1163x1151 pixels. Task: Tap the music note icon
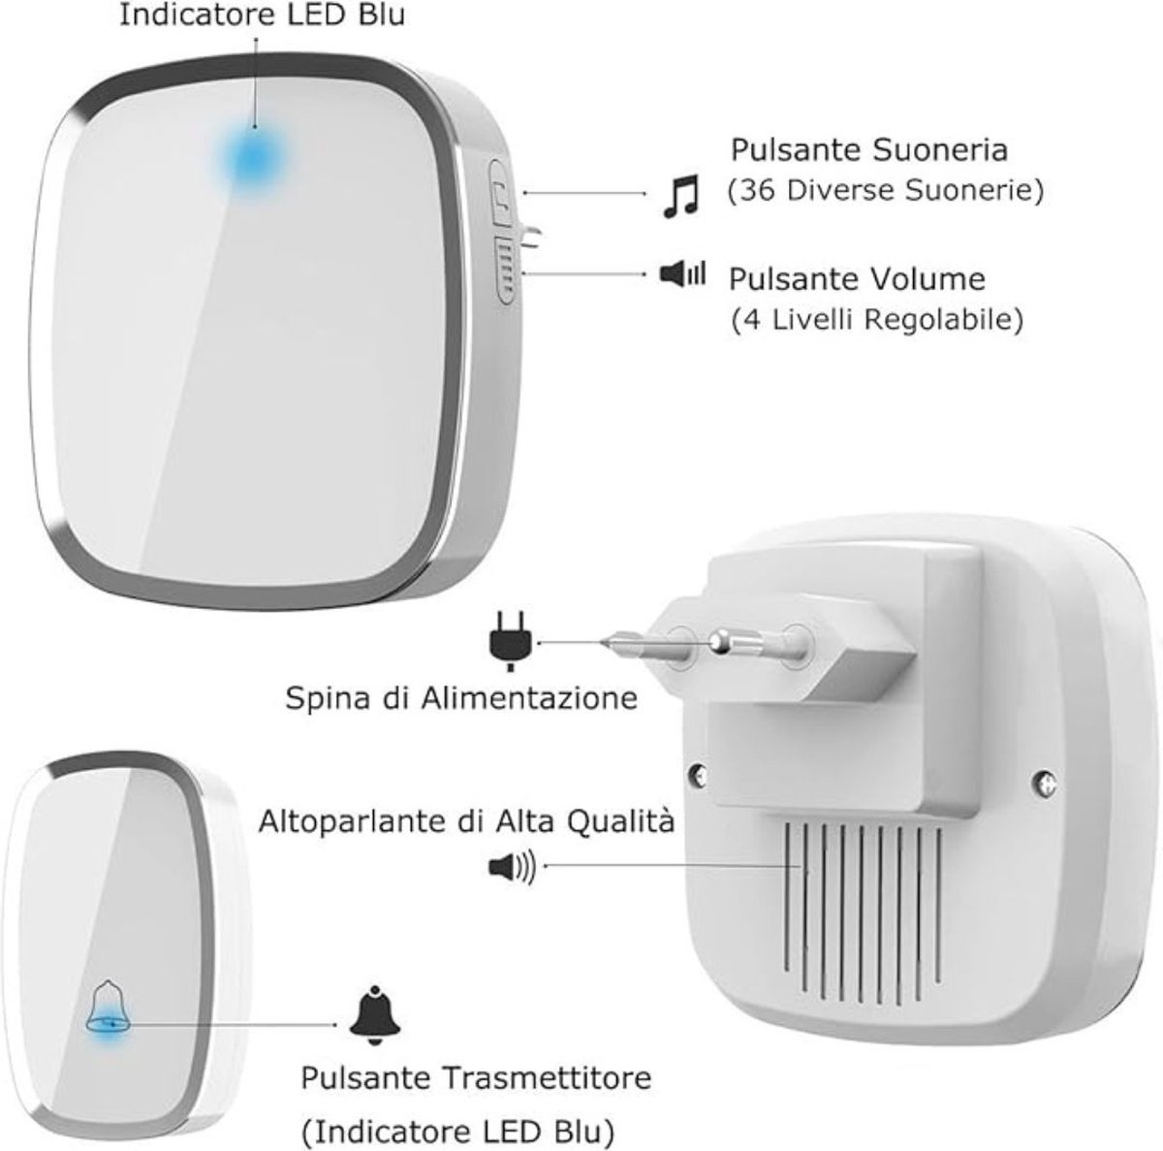(x=680, y=196)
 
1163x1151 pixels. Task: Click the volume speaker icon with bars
(x=682, y=274)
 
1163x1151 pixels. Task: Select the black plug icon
(x=511, y=641)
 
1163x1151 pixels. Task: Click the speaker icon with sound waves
(x=512, y=869)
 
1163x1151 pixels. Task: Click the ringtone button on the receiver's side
(x=500, y=192)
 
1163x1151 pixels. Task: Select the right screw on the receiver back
(x=1047, y=783)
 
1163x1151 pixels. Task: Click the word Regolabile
(x=945, y=320)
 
